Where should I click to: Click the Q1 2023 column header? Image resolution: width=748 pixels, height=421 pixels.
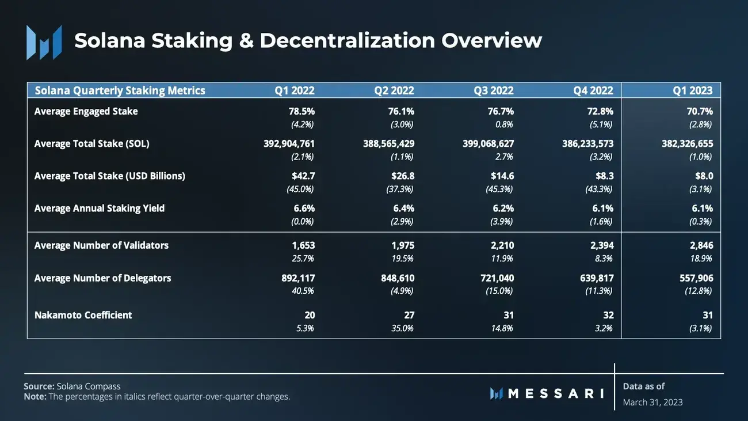pyautogui.click(x=693, y=90)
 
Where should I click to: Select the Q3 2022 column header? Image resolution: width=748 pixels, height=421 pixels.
pyautogui.click(x=493, y=90)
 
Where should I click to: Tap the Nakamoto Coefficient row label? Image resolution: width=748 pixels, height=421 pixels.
pyautogui.click(x=83, y=315)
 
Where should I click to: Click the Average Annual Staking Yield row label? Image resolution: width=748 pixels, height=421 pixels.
pyautogui.click(x=99, y=208)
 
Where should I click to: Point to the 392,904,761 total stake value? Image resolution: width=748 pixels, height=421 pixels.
pyautogui.click(x=289, y=144)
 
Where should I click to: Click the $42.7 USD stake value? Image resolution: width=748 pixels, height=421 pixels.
pyautogui.click(x=302, y=176)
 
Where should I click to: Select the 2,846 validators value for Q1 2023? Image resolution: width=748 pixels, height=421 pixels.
pyautogui.click(x=700, y=245)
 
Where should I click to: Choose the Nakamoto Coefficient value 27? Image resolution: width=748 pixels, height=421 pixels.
pyautogui.click(x=409, y=315)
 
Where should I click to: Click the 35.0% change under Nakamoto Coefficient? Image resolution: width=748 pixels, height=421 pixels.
pyautogui.click(x=402, y=328)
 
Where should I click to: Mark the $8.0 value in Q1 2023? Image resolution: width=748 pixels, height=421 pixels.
pyautogui.click(x=703, y=176)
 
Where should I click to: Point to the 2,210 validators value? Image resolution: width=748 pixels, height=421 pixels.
pyautogui.click(x=501, y=245)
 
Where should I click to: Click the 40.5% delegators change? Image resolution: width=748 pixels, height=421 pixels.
pyautogui.click(x=303, y=291)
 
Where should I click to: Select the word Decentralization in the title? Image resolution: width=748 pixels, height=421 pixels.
pyautogui.click(x=347, y=40)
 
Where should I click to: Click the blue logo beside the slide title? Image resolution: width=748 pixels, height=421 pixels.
pyautogui.click(x=44, y=42)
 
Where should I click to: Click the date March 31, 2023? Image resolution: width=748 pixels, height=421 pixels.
pyautogui.click(x=652, y=402)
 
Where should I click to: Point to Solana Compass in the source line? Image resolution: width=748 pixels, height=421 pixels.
pyautogui.click(x=89, y=386)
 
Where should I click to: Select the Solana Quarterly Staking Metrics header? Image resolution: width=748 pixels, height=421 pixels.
pyautogui.click(x=120, y=90)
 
